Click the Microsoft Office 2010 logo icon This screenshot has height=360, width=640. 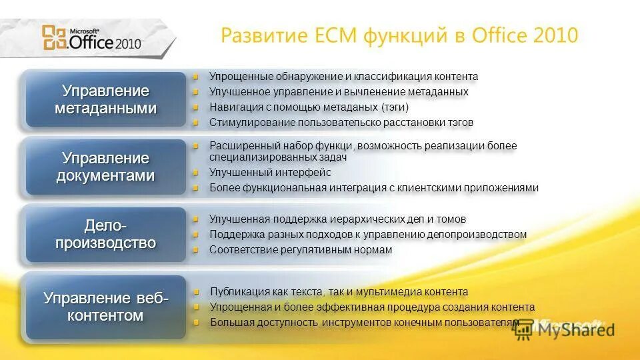(x=54, y=38)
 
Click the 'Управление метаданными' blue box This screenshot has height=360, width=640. (x=105, y=99)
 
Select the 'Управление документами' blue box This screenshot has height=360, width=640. (x=105, y=167)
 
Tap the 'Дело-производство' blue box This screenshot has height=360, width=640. (x=105, y=234)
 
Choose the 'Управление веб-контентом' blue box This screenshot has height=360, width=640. (x=105, y=307)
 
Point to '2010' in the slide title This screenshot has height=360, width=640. (x=556, y=35)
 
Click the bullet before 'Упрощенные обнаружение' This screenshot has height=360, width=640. (x=196, y=77)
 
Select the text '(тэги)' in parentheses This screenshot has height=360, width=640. (x=395, y=107)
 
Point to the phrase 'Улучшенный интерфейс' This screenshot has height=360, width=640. (x=270, y=173)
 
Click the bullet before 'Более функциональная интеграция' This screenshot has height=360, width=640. (x=196, y=188)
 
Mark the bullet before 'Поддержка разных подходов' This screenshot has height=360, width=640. (x=196, y=235)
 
